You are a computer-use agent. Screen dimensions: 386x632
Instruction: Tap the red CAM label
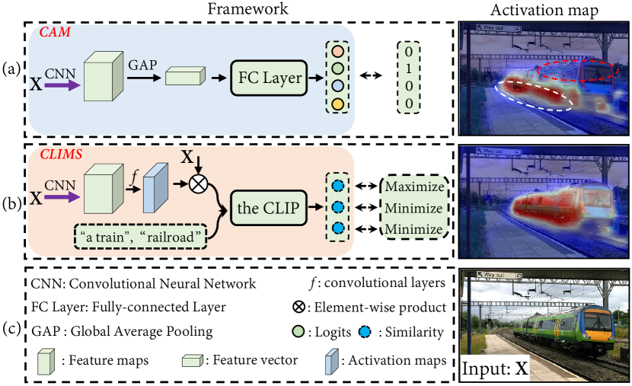pos(50,33)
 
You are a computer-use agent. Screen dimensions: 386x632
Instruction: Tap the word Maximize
pos(413,187)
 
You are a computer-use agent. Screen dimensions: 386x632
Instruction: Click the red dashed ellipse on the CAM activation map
pos(575,72)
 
